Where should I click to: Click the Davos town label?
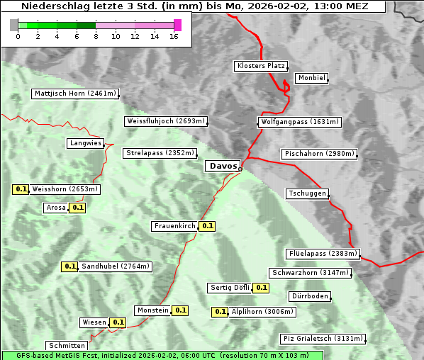pos(223,166)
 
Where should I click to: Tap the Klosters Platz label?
pos(260,66)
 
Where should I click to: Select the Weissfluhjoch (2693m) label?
pos(166,121)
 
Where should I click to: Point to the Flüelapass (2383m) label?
pos(323,254)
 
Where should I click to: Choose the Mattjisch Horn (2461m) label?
pos(75,94)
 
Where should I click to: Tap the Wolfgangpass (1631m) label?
pos(299,122)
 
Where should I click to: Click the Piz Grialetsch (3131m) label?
pos(323,338)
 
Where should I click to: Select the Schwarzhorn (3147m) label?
pos(311,273)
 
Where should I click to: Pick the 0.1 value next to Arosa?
pos(78,208)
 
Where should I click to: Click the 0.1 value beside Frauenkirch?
pos(207,226)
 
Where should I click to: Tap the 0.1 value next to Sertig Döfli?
pos(261,288)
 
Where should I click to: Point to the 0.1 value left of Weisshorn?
pos(21,189)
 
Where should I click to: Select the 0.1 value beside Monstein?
pos(180,310)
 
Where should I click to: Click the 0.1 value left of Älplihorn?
pos(220,311)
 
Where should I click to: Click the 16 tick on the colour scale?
pos(173,36)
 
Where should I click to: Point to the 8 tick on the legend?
pos(96,36)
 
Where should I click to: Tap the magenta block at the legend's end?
pos(177,25)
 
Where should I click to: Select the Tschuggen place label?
pos(307,193)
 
